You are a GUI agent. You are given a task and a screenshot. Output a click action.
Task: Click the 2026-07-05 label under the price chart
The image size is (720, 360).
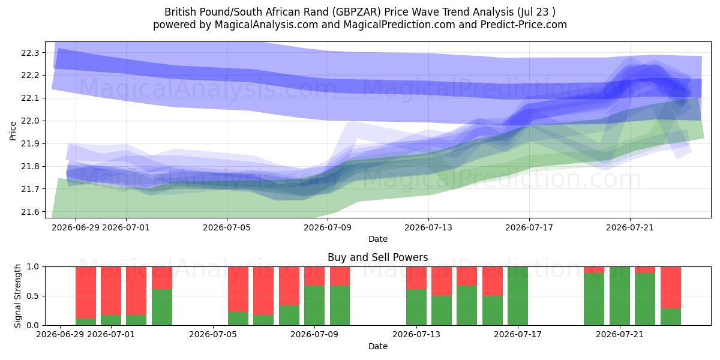227,227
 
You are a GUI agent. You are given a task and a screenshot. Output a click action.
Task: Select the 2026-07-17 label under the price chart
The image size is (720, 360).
529,227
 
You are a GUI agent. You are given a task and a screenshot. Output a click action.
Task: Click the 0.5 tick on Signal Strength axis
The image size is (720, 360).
33,296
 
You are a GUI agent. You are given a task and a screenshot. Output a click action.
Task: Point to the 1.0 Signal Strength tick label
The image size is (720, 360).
33,266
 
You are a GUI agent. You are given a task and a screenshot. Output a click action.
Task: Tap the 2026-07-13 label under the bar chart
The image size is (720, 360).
416,334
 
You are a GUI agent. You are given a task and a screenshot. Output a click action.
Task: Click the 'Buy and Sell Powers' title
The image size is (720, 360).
377,257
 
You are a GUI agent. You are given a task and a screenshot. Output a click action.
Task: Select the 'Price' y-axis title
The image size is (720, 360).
13,131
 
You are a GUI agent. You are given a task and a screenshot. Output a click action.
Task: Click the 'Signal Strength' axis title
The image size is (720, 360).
17,296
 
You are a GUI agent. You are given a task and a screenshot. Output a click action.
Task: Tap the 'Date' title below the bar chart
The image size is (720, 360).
377,346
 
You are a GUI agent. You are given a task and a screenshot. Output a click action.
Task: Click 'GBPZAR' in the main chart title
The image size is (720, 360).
356,12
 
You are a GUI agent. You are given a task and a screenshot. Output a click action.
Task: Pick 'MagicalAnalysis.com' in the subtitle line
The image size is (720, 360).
266,25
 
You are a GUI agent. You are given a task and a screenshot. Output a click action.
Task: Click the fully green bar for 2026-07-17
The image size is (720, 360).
517,296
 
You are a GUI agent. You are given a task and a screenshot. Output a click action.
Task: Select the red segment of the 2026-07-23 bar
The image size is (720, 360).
671,287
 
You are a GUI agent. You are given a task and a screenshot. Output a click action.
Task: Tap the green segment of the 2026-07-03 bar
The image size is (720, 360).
161,307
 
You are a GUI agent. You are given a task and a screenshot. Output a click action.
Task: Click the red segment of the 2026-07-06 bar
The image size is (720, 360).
238,289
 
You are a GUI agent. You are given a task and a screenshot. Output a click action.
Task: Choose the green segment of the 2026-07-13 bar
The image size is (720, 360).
416,307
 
